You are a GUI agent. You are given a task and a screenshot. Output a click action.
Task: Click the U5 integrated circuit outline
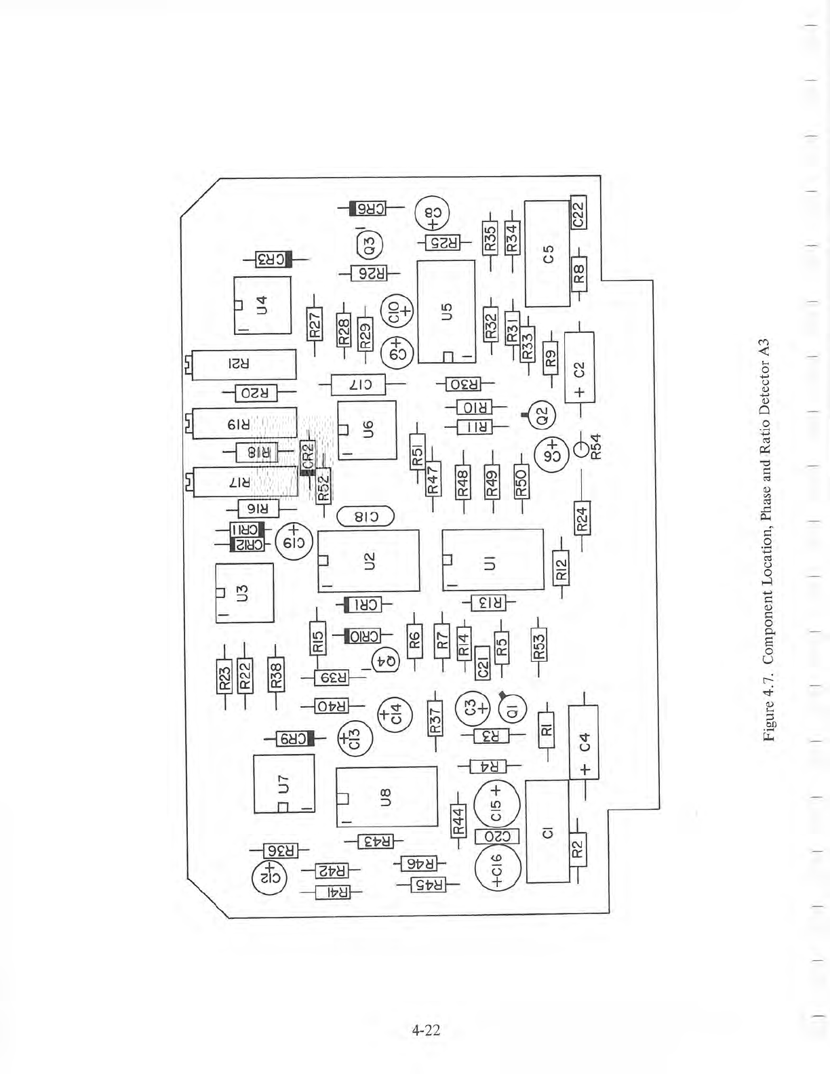(446, 313)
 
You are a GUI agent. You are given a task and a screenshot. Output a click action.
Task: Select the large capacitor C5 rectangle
(547, 254)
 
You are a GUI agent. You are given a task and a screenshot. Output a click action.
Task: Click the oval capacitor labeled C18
(365, 517)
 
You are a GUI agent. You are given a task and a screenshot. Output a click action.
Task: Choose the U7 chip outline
(283, 784)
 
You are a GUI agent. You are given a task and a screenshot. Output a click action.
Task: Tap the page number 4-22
(426, 1031)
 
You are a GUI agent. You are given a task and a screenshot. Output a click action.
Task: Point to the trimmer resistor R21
(244, 365)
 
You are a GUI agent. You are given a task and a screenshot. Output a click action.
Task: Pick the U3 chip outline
(244, 593)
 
